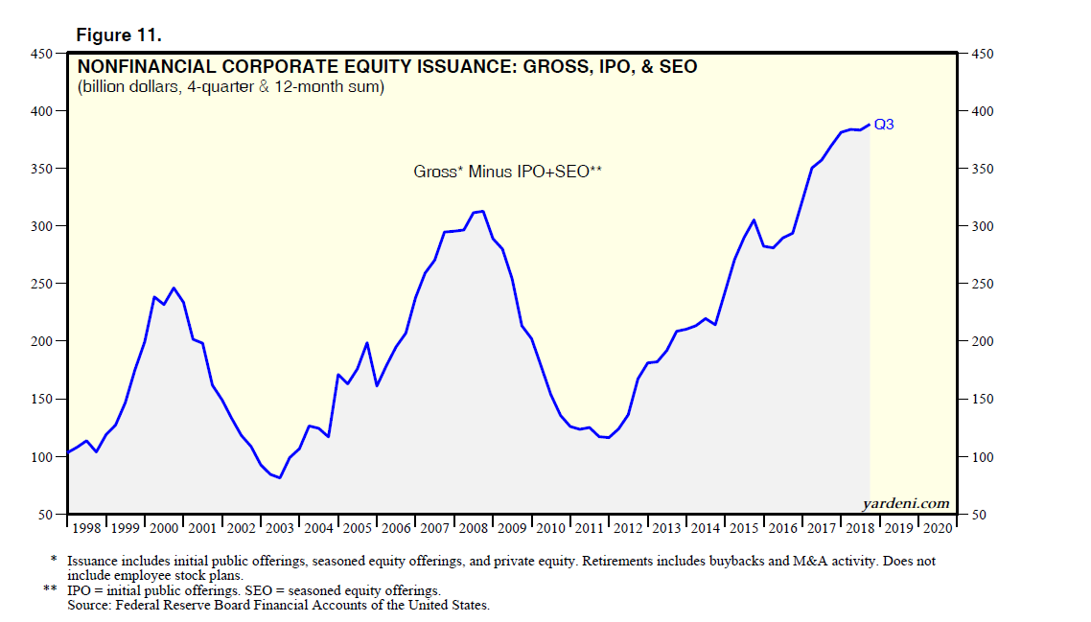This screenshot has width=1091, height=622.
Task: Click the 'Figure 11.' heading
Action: pos(118,35)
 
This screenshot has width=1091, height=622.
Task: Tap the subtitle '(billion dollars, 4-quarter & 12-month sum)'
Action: pos(231,88)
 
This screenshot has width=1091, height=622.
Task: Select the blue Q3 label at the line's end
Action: pos(883,125)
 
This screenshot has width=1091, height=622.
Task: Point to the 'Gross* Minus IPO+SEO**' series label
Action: pos(507,172)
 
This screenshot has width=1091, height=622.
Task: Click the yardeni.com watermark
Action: pos(907,503)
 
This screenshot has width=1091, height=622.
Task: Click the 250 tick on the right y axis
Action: pos(984,285)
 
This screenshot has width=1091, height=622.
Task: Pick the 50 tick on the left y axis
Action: pos(44,515)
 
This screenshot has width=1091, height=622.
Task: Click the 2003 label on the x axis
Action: pos(281,529)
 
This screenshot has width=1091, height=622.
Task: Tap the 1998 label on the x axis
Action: pos(86,529)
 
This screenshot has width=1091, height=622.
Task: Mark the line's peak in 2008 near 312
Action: pos(482,211)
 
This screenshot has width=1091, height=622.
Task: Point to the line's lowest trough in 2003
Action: pos(279,477)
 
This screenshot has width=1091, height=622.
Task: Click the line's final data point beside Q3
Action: pos(869,125)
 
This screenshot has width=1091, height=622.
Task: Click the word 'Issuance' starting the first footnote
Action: pos(91,561)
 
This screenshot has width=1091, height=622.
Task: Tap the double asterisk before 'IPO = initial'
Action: pos(51,590)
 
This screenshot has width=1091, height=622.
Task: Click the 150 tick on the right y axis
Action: pos(984,400)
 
